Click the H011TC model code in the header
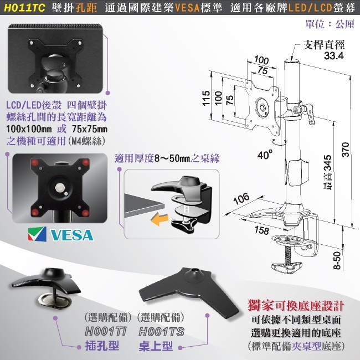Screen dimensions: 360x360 click(24, 8)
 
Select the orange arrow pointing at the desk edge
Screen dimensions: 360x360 click(160, 219)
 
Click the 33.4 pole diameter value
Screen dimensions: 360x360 click(334, 55)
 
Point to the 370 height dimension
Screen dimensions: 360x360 click(346, 150)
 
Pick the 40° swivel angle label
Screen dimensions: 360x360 click(265, 155)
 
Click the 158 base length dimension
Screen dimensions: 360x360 click(262, 230)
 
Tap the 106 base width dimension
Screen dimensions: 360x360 click(241, 198)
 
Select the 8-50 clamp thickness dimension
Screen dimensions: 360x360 click(337, 260)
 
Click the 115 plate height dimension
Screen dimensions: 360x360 click(206, 98)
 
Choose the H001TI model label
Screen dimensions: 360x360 click(106, 332)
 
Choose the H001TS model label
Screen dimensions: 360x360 click(161, 332)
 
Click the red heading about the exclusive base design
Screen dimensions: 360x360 click(296, 306)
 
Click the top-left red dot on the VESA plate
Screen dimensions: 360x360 click(35, 162)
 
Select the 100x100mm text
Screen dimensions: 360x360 click(29, 129)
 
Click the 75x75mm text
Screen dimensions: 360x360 click(89, 129)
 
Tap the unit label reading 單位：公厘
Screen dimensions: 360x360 click(330, 24)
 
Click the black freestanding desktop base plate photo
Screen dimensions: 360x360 click(189, 292)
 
